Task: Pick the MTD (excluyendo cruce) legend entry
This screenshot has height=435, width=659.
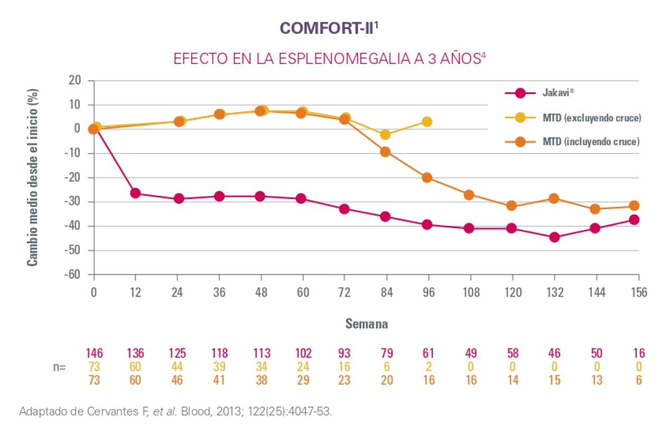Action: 592,118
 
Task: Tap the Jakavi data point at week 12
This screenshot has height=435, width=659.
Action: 135,193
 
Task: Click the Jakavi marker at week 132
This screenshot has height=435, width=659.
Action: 554,237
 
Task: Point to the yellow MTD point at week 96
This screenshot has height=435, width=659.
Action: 427,122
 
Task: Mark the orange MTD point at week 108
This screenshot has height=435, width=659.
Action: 469,195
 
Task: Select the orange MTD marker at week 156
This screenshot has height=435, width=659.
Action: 634,205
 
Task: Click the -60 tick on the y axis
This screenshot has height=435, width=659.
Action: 73,275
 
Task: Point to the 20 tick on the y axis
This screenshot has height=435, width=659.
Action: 74,81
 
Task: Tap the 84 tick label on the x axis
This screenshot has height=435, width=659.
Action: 387,293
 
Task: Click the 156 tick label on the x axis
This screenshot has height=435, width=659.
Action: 638,293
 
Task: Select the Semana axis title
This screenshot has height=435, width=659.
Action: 366,324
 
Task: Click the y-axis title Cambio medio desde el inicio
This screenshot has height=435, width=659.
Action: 33,177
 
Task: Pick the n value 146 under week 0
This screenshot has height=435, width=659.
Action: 94,353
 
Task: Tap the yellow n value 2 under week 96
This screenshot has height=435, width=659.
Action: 429,367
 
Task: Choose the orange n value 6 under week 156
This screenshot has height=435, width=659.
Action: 638,380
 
